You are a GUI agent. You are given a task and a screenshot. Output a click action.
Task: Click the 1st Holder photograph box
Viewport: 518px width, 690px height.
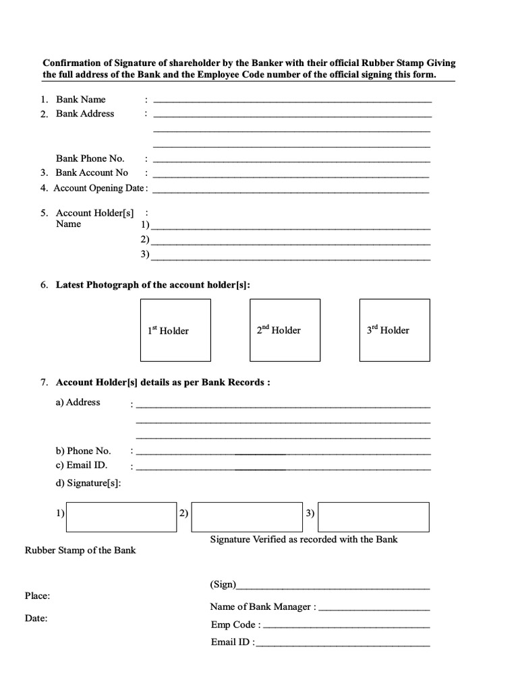coord(175,330)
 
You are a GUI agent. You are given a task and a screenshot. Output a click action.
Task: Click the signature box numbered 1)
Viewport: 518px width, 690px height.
coord(121,516)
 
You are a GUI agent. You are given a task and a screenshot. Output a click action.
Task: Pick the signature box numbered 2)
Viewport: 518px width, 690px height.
coord(246,516)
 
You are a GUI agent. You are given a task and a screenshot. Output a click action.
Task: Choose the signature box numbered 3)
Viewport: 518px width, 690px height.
coord(373,516)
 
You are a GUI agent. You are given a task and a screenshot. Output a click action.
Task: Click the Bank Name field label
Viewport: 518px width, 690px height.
coord(81,100)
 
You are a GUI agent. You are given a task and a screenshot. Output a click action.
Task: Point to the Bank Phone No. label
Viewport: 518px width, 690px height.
coord(90,158)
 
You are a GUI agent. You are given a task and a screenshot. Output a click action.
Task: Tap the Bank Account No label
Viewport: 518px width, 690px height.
coord(92,172)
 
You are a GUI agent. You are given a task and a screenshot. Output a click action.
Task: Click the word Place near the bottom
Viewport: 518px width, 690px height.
coord(37,596)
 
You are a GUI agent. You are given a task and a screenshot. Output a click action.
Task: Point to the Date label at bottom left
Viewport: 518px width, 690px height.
coord(36,618)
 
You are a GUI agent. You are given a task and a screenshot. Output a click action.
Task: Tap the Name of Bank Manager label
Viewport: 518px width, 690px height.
coord(262,606)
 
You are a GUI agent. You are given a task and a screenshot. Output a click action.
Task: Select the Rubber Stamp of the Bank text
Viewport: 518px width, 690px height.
coord(80,550)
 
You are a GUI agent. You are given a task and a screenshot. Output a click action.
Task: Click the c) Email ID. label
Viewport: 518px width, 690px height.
coord(82,465)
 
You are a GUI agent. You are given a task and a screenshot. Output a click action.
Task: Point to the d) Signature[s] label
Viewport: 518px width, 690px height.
coord(88,483)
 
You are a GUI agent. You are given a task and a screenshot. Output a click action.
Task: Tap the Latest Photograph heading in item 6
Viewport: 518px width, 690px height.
coord(152,285)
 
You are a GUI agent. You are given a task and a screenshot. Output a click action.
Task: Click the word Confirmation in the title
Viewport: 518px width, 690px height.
coord(75,63)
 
